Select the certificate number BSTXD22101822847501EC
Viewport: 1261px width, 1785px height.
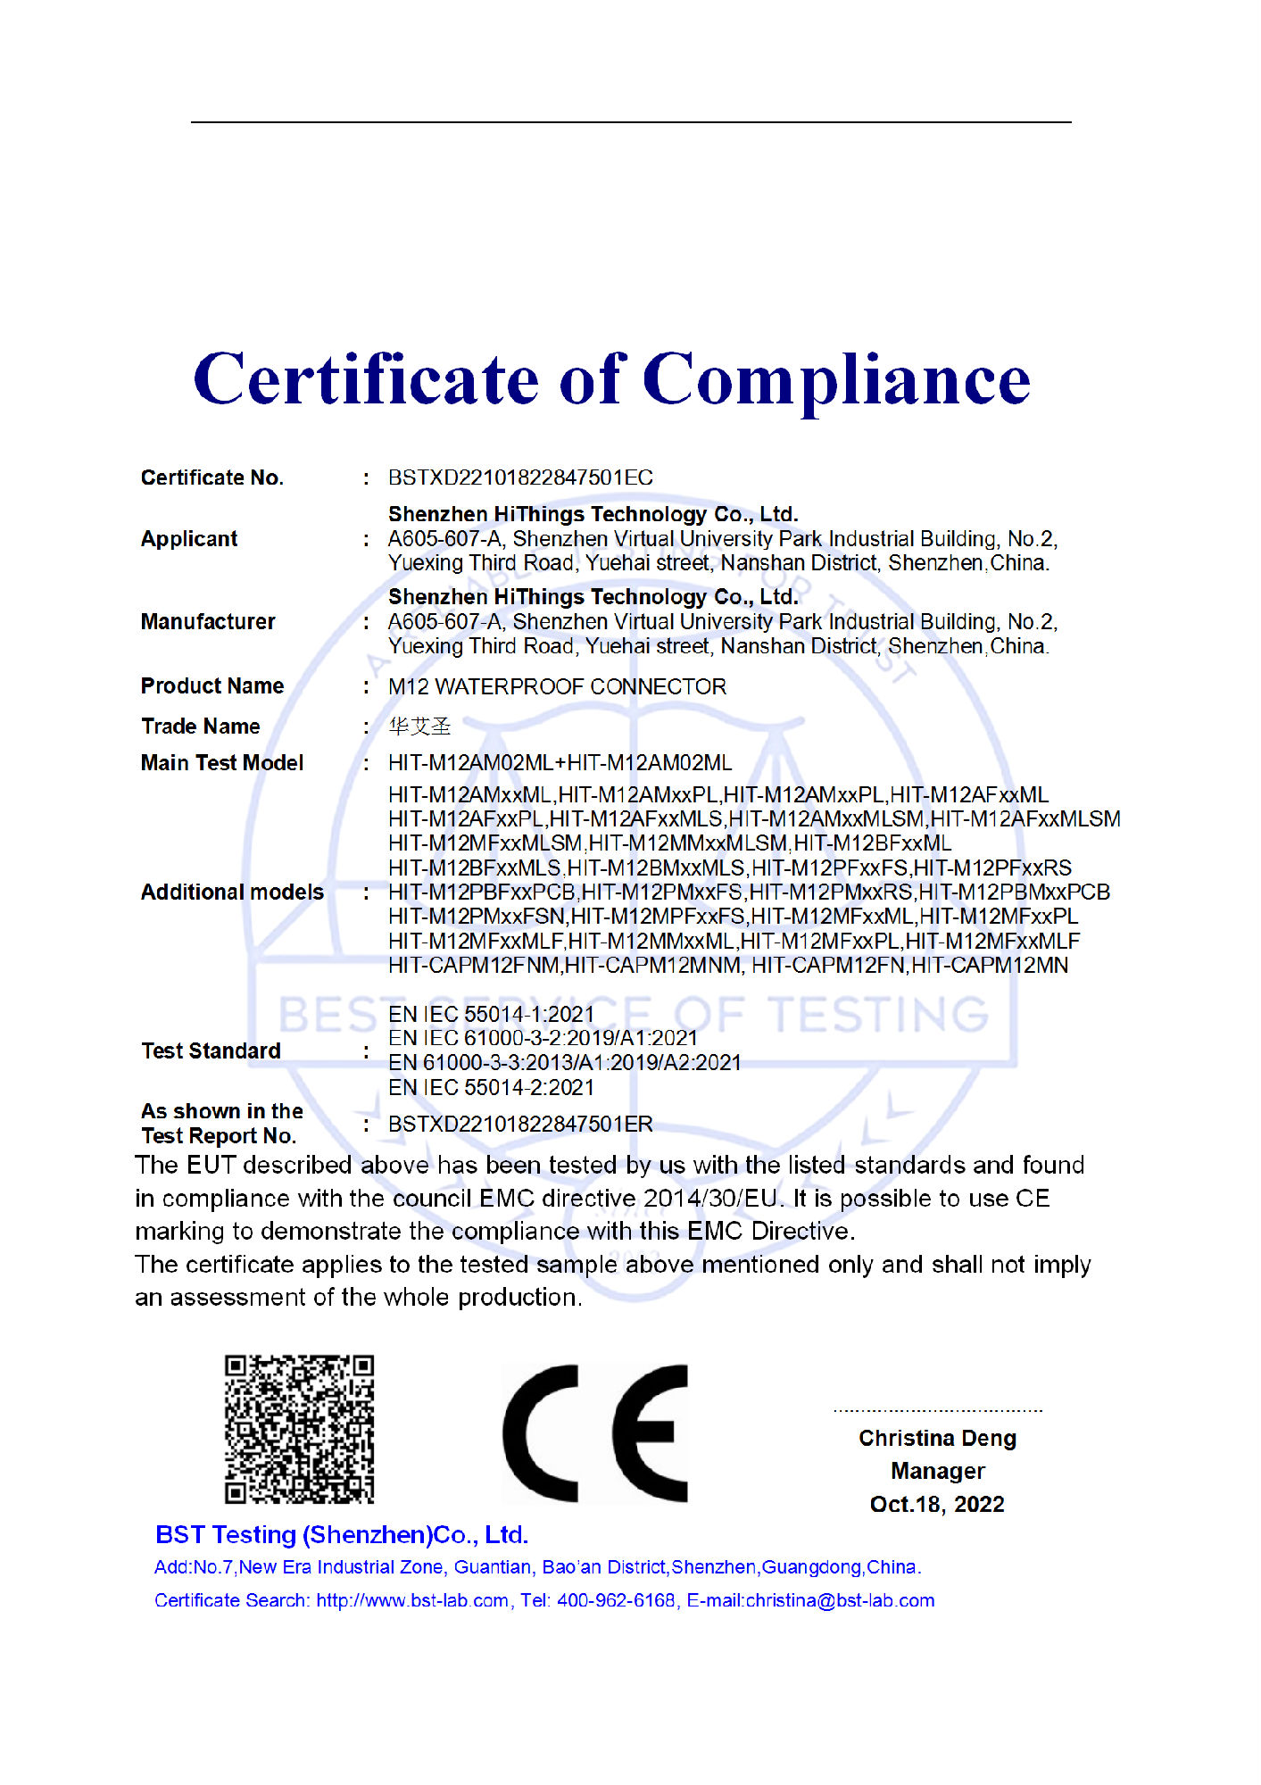coord(520,477)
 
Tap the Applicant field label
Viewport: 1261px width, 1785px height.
coord(189,539)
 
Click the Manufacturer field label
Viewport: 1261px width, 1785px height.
coord(208,622)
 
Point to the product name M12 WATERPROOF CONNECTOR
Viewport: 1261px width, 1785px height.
coord(557,686)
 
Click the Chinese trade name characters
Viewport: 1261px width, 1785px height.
coord(419,726)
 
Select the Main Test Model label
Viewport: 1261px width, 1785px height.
coord(222,763)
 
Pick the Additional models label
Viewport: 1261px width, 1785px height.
coord(232,892)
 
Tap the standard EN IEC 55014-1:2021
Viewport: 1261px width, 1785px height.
coord(491,1015)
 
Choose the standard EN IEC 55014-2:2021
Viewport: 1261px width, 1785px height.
coord(491,1088)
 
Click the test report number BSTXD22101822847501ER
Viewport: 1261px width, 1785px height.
coord(520,1125)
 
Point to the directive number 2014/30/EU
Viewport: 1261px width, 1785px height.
coord(713,1199)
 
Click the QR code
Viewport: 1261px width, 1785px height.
coord(299,1429)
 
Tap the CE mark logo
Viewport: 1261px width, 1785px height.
coord(595,1432)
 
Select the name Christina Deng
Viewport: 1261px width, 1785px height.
coord(937,1439)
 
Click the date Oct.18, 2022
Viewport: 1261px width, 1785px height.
coord(937,1505)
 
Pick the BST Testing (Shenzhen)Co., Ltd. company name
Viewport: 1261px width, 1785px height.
coord(342,1535)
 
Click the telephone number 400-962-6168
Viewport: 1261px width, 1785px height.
coord(616,1601)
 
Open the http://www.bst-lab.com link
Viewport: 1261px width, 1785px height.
coord(412,1601)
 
